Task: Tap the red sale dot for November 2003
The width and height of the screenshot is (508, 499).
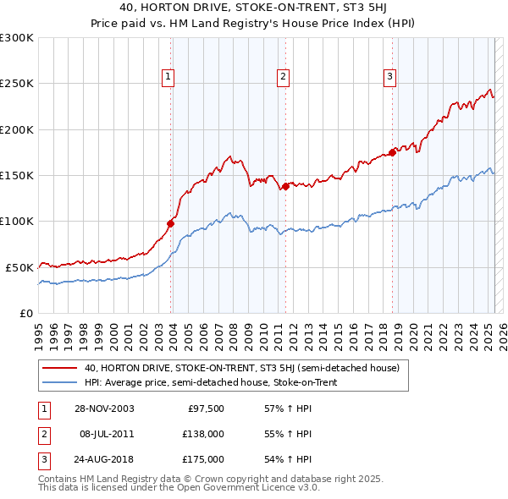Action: tap(171, 223)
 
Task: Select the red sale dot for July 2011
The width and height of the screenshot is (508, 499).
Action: tap(286, 186)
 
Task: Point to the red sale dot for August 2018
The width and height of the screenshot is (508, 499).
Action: tap(393, 152)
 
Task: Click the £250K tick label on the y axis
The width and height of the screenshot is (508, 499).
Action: tap(17, 84)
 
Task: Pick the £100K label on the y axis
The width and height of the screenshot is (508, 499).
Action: tap(17, 221)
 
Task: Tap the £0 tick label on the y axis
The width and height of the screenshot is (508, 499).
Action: tap(26, 313)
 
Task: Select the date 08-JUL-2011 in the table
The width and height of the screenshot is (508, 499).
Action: tap(107, 434)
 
